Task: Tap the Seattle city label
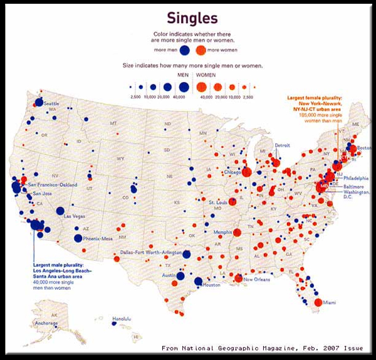[x=51, y=103]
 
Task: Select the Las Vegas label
[x=75, y=216]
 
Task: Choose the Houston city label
[x=212, y=285]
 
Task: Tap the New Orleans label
[x=258, y=279]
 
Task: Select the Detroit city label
[x=283, y=145]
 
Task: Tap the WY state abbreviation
[x=120, y=159]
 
